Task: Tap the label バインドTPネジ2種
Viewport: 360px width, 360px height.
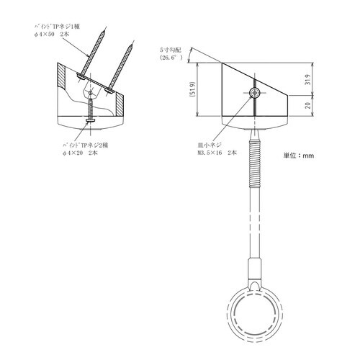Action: click(89, 144)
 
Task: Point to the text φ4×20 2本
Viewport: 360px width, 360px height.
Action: click(85, 153)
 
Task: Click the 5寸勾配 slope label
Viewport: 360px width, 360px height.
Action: click(172, 50)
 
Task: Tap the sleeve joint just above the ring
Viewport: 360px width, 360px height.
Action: click(253, 271)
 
